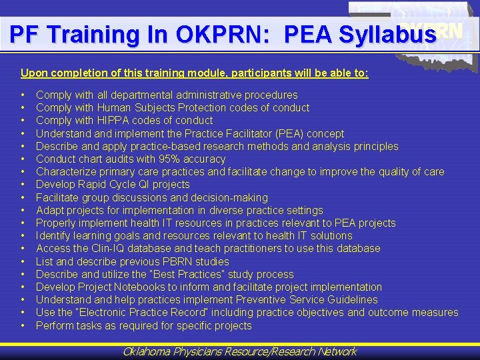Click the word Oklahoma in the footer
coord(147,351)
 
